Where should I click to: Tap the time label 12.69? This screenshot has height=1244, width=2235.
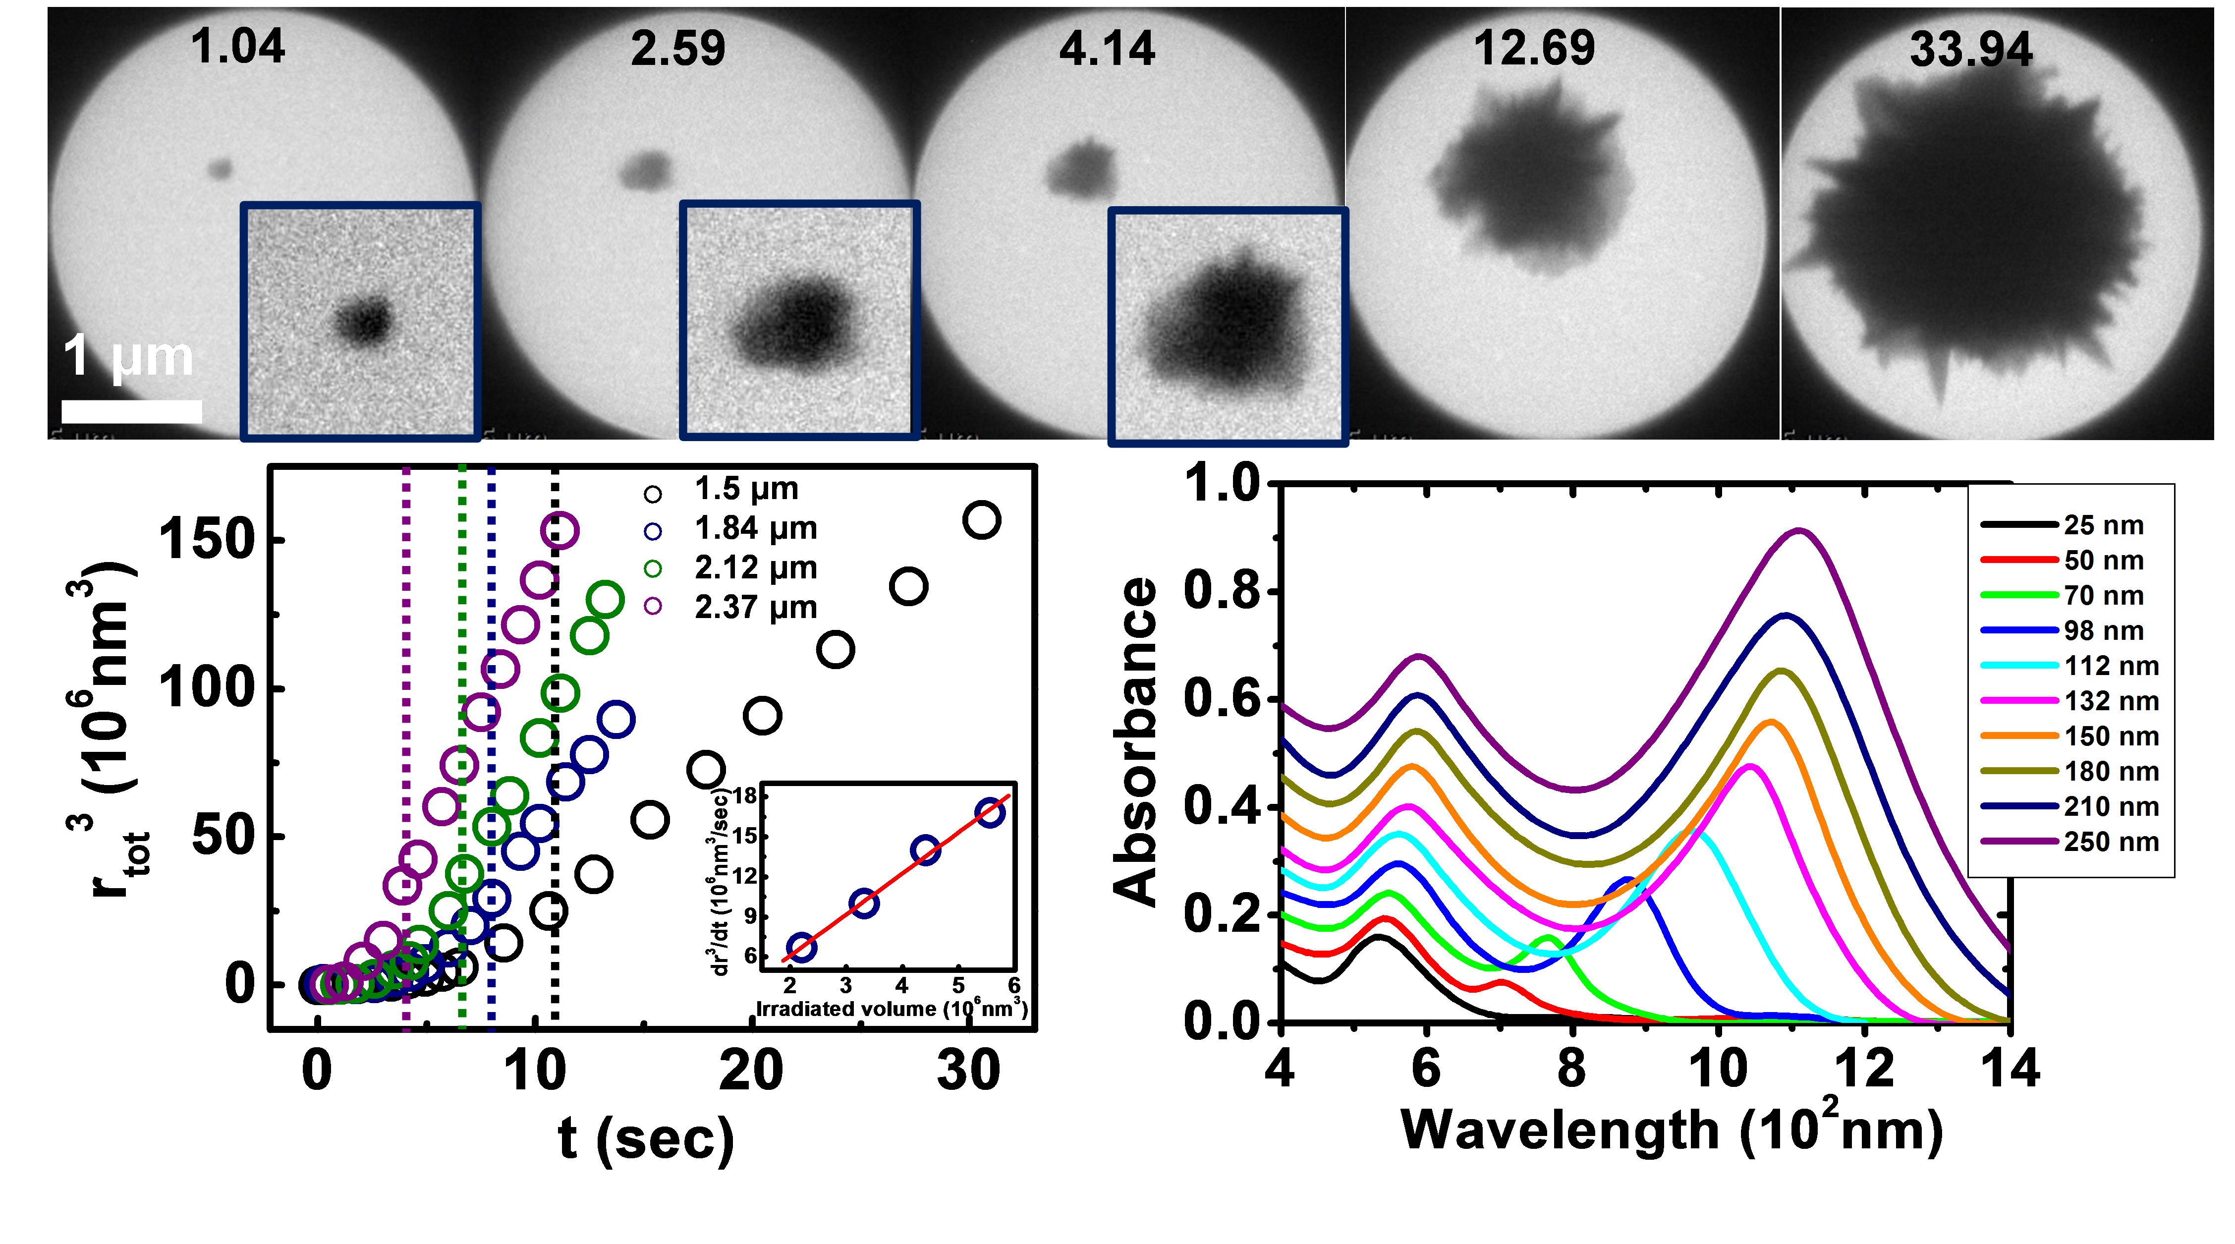(1534, 48)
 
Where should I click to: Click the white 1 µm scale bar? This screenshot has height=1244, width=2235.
(132, 411)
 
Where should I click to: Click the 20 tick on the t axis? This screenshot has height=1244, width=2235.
(751, 1072)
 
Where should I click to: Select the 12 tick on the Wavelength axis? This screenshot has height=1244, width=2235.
(1864, 1069)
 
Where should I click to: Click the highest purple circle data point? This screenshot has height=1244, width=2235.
(559, 530)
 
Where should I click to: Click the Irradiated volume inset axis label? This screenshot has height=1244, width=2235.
(891, 1009)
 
